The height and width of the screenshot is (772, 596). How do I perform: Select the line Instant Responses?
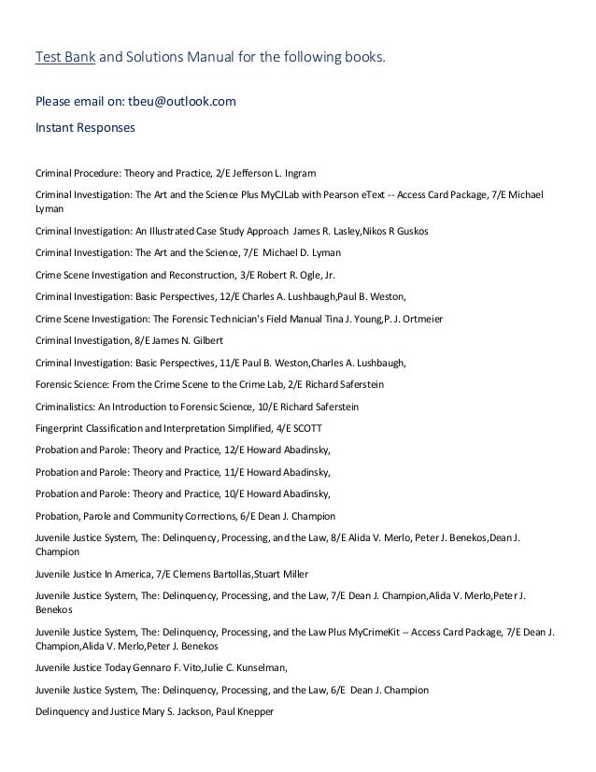(x=85, y=124)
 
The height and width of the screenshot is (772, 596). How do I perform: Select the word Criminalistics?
(x=65, y=407)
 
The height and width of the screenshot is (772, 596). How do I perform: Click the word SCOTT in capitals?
(x=307, y=428)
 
